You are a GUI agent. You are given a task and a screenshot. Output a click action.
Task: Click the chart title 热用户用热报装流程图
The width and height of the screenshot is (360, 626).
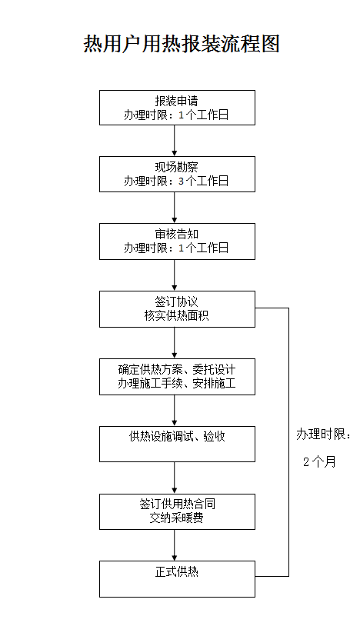[182, 44]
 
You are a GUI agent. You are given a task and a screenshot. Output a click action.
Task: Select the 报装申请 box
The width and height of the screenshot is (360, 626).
[177, 108]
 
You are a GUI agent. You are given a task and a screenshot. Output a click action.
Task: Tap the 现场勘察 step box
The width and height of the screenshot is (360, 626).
[177, 174]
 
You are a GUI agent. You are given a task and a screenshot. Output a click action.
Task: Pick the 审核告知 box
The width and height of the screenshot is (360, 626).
[177, 241]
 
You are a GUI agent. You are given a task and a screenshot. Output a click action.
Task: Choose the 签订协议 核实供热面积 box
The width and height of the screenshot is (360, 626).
[177, 309]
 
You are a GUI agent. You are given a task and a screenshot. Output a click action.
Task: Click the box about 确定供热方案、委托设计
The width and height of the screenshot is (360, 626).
[177, 377]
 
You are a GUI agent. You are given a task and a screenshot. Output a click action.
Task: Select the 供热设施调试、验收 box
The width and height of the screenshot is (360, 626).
[177, 444]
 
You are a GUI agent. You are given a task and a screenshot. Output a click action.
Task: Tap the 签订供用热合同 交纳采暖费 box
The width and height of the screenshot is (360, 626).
[177, 512]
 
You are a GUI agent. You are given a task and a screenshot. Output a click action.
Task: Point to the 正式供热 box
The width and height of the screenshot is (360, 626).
[177, 579]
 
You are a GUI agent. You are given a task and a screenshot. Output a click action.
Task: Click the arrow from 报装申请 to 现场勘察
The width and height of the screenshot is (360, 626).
[175, 141]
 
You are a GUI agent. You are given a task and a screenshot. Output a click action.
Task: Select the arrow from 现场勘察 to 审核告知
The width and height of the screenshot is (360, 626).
[175, 208]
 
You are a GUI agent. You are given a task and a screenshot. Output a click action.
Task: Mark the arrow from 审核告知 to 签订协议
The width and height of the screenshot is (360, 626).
[175, 275]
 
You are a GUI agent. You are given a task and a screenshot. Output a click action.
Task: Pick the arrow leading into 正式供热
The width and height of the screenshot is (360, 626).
[175, 545]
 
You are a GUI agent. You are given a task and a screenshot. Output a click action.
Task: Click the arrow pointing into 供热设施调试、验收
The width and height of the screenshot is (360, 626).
[175, 411]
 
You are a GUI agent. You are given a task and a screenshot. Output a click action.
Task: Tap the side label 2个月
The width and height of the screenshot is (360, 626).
[319, 462]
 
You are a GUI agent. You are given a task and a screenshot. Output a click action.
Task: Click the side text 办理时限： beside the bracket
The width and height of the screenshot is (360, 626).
[323, 435]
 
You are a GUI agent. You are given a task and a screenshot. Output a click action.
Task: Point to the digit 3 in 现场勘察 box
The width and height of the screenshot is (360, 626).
[182, 181]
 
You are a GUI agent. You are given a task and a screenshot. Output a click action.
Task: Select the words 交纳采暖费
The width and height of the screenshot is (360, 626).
[176, 518]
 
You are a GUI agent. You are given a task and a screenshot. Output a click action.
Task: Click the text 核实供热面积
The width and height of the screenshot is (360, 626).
[176, 316]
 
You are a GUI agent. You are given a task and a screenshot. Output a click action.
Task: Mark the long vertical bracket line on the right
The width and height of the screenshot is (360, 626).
[288, 442]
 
